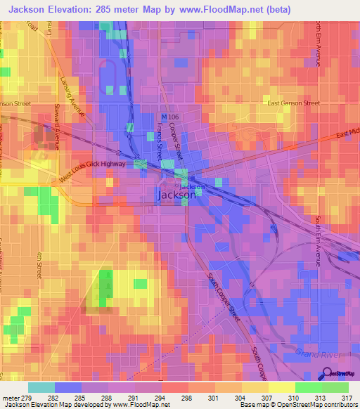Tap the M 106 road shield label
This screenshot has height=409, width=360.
[169, 117]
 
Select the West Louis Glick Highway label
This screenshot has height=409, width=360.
[92, 171]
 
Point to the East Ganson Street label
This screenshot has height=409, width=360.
[294, 103]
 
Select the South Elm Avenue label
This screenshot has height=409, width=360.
[318, 240]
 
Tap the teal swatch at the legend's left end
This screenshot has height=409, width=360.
[41, 387]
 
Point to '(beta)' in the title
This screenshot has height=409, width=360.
[272, 9]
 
